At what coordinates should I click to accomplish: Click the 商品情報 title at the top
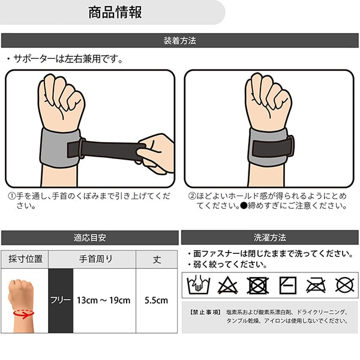115,13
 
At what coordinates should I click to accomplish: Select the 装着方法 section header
180,41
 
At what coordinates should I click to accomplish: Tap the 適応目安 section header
90,238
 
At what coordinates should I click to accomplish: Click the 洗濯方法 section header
270,238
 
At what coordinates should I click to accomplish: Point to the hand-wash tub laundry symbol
199,284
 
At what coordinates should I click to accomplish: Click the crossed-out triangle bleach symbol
227,285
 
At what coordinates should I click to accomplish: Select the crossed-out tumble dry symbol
258,286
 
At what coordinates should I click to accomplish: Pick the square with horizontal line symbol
287,286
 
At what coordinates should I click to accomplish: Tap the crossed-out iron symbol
316,286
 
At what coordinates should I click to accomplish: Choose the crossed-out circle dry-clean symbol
344,285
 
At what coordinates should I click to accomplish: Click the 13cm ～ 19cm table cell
104,301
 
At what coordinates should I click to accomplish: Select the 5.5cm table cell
157,301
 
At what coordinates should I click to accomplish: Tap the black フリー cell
61,301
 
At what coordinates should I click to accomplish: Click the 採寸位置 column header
25,259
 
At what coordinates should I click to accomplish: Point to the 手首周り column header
96,259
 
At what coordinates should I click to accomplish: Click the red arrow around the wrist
23,314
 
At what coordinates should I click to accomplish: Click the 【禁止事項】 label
205,312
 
